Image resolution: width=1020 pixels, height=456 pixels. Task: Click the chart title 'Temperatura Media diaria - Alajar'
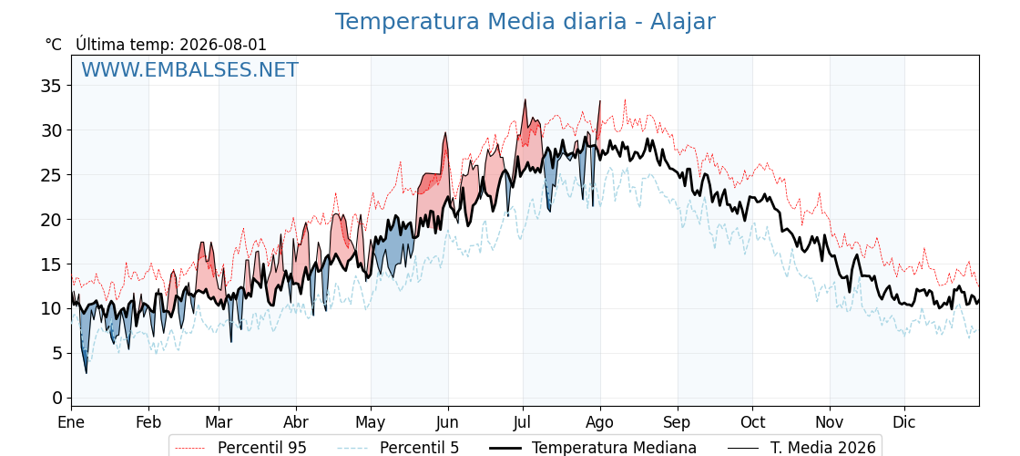pos(525,22)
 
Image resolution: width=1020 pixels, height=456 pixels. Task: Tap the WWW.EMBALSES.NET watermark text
pos(190,69)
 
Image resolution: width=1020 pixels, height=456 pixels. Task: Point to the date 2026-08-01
pos(222,45)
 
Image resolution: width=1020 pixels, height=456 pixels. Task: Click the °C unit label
pos(54,45)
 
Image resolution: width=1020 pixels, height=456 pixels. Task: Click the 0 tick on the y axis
pos(58,398)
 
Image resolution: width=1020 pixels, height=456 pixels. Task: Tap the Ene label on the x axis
pos(72,422)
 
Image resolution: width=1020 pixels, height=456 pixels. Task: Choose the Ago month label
pos(600,422)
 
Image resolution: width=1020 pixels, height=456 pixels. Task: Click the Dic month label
pos(904,422)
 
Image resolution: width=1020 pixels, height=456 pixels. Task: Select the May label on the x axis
pos(372,422)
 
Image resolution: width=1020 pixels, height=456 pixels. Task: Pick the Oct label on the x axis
pos(752,422)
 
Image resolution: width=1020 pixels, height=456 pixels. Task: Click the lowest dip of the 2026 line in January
pos(87,373)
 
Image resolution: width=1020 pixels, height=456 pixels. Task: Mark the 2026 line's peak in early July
pos(525,99)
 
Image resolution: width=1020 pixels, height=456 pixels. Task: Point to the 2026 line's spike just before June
pos(445,133)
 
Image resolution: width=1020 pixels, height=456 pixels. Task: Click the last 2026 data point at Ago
pos(600,101)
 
